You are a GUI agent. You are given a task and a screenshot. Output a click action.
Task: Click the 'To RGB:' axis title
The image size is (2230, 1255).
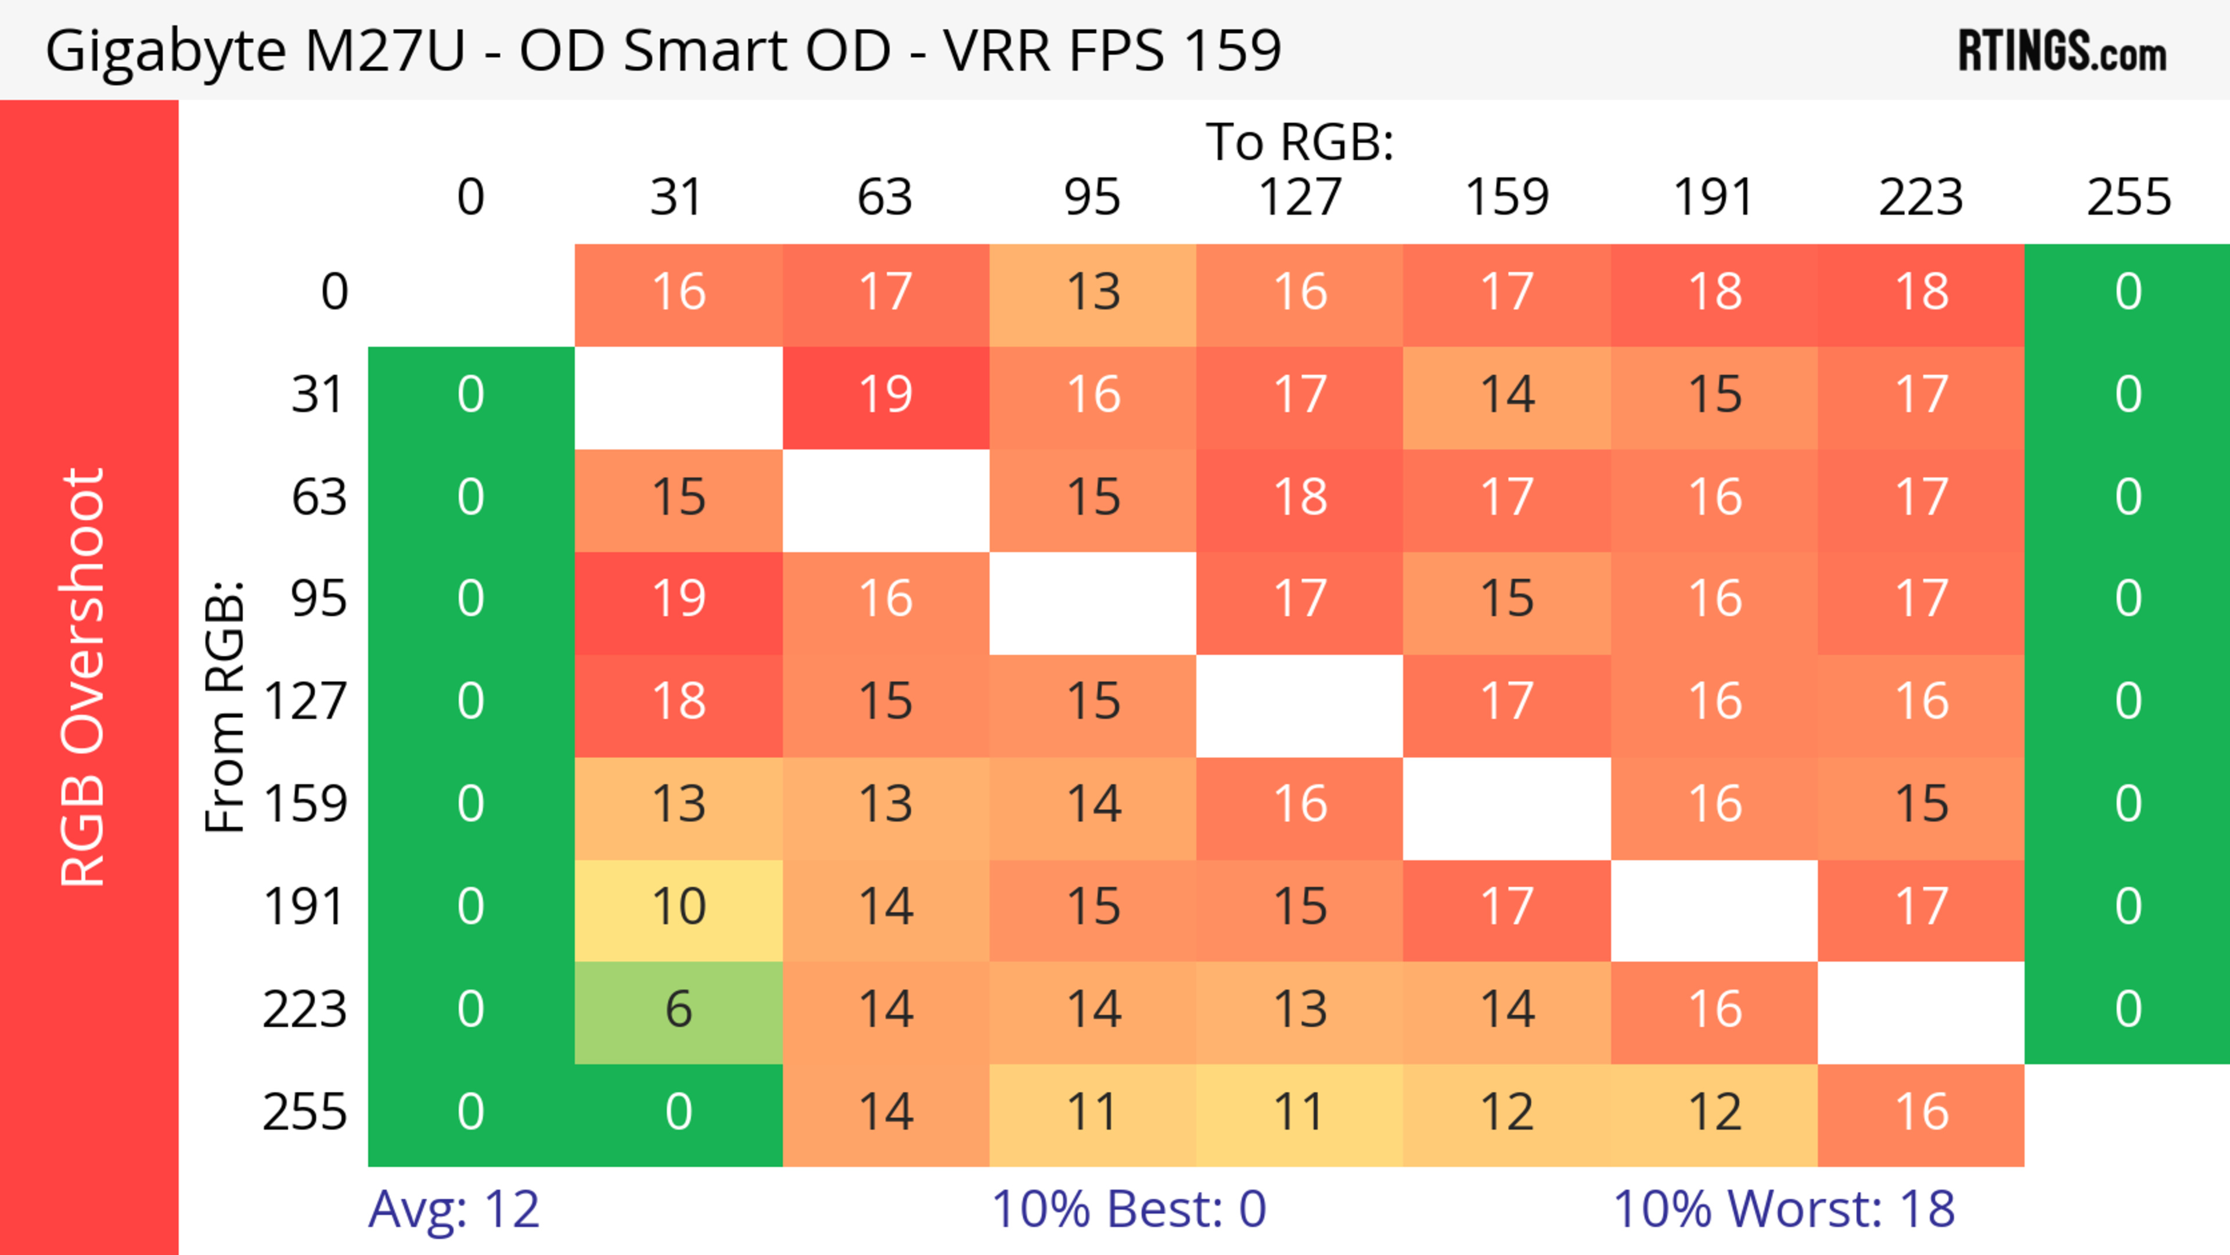[x=1300, y=143]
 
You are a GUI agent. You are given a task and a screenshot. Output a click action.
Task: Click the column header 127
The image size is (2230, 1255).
[x=1300, y=197]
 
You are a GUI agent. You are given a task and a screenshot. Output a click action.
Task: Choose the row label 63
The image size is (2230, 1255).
[x=319, y=498]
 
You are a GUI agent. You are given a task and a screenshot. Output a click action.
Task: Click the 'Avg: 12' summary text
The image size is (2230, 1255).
[x=454, y=1209]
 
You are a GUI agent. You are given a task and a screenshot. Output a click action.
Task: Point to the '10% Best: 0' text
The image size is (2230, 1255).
[x=1128, y=1209]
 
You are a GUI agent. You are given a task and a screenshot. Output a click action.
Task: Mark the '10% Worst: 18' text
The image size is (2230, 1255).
[x=1783, y=1209]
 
